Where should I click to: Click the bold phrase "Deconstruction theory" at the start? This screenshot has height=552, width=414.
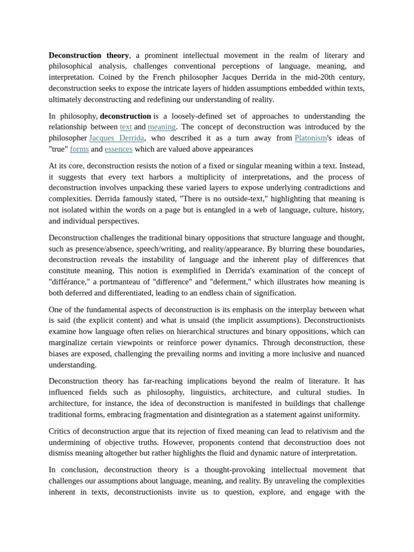[88, 55]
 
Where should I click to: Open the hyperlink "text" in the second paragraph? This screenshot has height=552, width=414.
[126, 127]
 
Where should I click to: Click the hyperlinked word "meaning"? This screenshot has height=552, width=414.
[162, 127]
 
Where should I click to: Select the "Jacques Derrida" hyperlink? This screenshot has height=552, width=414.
[116, 138]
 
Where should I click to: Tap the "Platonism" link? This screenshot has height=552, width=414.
[310, 138]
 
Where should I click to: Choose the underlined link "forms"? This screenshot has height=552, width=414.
[79, 149]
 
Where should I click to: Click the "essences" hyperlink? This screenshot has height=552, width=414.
[119, 149]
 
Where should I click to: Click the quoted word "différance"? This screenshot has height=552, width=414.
[69, 281]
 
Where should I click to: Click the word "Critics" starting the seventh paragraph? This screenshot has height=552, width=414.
[62, 431]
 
